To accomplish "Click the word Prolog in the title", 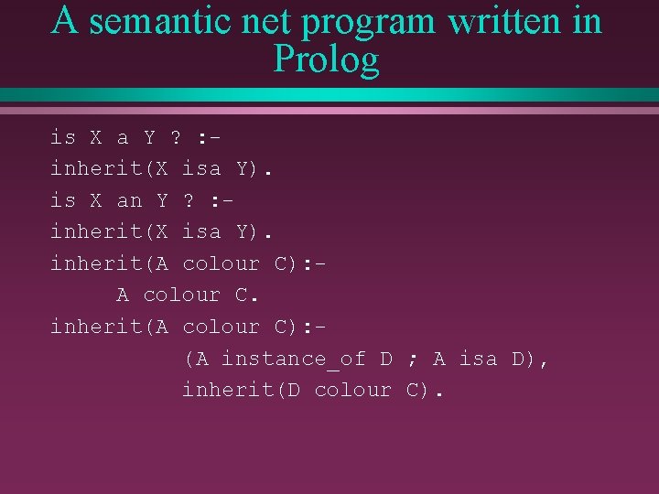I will (x=326, y=60).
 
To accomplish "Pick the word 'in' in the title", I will (x=588, y=21).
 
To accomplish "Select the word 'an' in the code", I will (x=129, y=200).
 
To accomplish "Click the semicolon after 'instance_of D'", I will (x=412, y=360).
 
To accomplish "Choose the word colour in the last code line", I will (x=352, y=391).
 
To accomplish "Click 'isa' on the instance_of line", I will (x=478, y=359).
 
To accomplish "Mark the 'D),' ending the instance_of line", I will (x=531, y=360).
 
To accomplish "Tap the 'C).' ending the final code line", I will (x=425, y=391).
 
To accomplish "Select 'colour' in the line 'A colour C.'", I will (x=181, y=295).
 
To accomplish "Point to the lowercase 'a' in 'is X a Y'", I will (x=123, y=138).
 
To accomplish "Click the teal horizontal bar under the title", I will (x=329, y=94).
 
